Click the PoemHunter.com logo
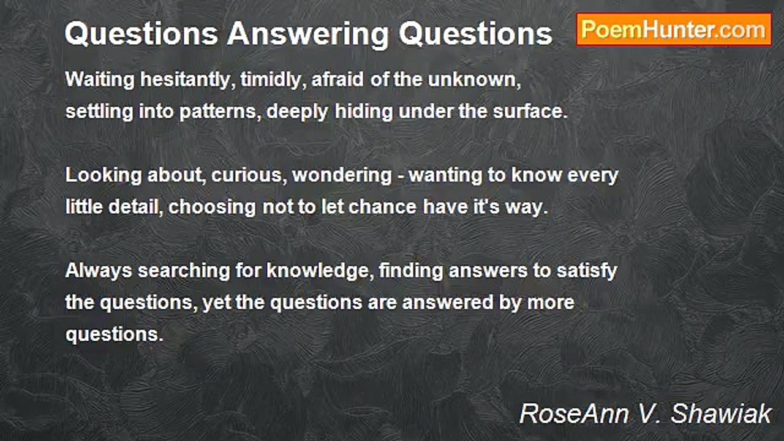pos(674,29)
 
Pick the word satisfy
pos(587,271)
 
